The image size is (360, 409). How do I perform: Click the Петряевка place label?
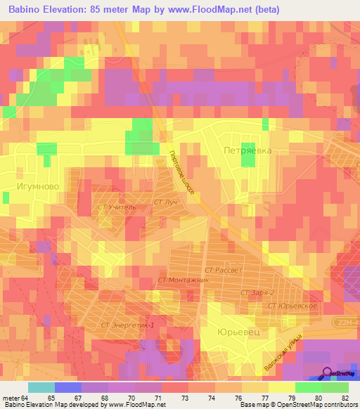pyautogui.click(x=246, y=150)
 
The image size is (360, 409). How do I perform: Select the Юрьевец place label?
pyautogui.click(x=237, y=332)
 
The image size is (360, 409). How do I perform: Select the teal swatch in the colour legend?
pyautogui.click(x=41, y=387)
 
